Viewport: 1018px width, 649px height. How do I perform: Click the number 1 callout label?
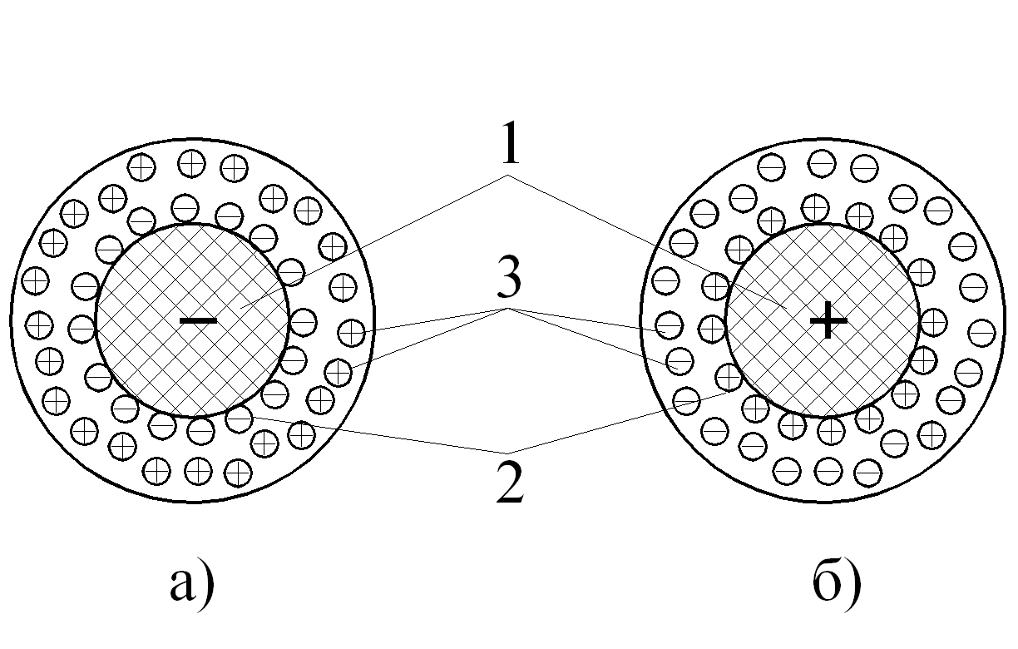click(509, 146)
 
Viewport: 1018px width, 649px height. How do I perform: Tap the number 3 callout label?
click(509, 280)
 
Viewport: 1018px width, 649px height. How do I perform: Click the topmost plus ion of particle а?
click(192, 162)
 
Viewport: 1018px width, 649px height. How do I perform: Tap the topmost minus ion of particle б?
click(822, 162)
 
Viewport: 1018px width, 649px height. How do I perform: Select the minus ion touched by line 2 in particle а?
click(239, 418)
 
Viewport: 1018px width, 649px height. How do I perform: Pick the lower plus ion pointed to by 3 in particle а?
click(337, 371)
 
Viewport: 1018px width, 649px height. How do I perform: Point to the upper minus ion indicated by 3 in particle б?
click(668, 326)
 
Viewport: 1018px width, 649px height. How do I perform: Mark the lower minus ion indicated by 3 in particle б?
click(680, 362)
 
